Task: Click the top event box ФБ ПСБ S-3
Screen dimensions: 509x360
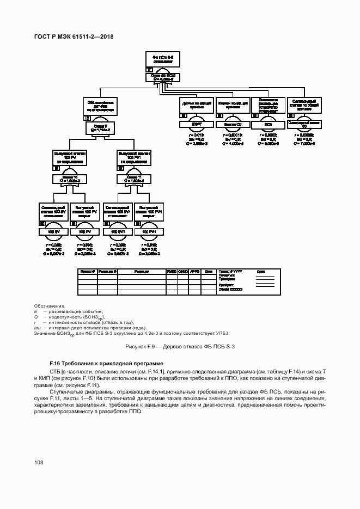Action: pyautogui.click(x=162, y=59)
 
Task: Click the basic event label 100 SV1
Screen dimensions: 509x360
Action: pyautogui.click(x=117, y=232)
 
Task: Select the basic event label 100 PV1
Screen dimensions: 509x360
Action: pyautogui.click(x=149, y=232)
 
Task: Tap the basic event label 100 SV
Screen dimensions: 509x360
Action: pyautogui.click(x=53, y=232)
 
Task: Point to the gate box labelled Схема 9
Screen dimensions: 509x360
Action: pyautogui.click(x=101, y=127)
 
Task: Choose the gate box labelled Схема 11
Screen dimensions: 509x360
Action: pyautogui.click(x=133, y=179)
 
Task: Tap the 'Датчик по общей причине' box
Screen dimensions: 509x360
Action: pyautogui.click(x=195, y=105)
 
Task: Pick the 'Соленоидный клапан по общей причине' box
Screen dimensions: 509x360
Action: pyautogui.click(x=304, y=105)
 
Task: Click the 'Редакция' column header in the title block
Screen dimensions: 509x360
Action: pyautogui.click(x=142, y=271)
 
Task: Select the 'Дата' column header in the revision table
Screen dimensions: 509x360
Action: pyautogui.click(x=208, y=271)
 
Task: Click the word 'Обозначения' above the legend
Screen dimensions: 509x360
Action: pyautogui.click(x=49, y=306)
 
